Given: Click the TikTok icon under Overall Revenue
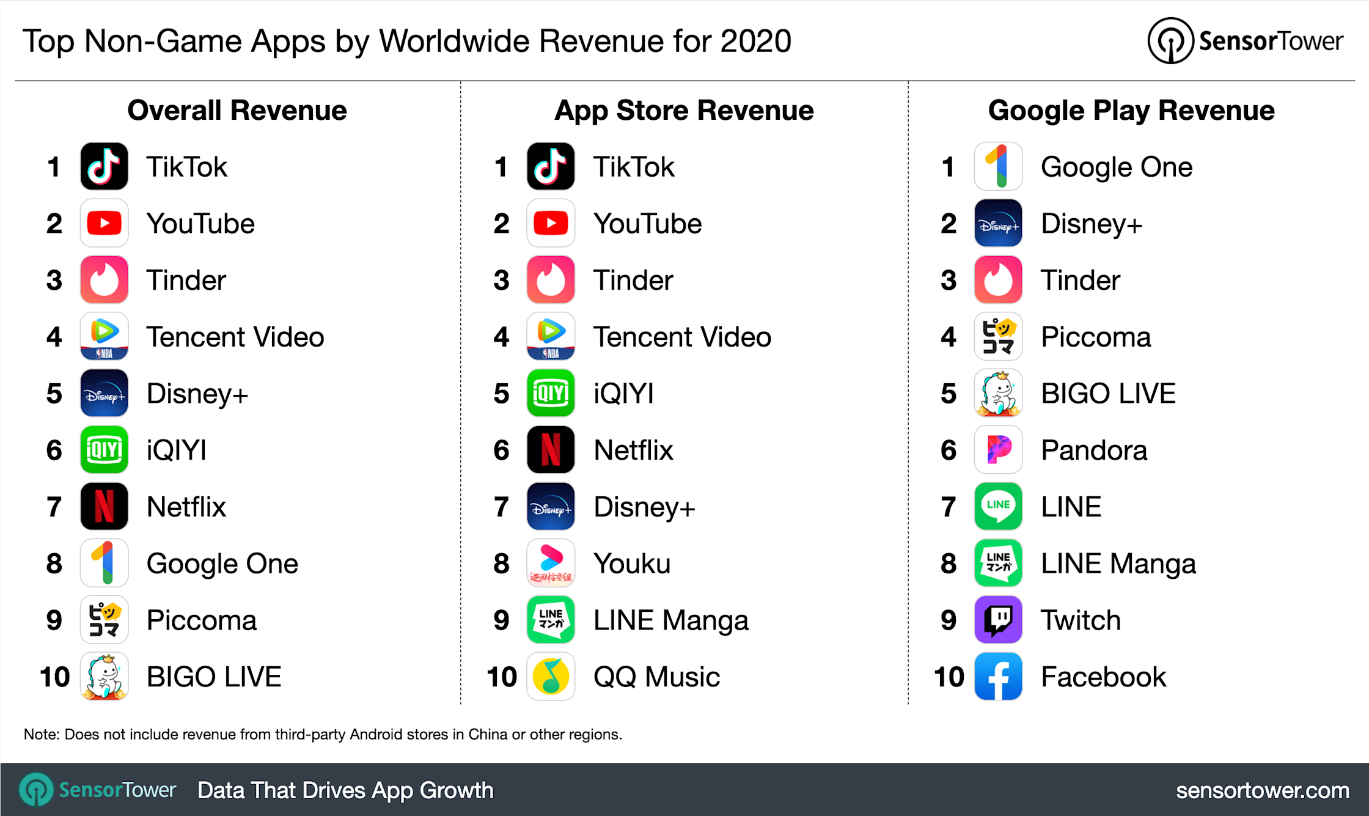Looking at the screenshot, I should [104, 166].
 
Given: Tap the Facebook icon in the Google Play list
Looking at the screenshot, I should [998, 676].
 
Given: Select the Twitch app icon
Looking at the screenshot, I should [998, 620].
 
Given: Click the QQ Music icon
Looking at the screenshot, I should [551, 676].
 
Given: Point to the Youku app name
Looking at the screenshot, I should [632, 564].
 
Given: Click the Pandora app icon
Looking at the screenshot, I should [998, 450].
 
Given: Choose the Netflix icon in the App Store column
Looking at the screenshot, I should [551, 450].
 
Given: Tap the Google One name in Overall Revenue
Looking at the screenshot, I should [222, 564].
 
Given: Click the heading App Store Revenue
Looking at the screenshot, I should [684, 111].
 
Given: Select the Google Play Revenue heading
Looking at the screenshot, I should [1131, 111].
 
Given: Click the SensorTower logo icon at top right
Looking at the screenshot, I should [1170, 41].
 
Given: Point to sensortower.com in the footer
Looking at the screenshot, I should [1262, 790].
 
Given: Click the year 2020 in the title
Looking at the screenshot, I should [755, 42].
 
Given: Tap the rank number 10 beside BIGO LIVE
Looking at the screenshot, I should [54, 677].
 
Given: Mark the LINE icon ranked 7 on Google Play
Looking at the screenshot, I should [998, 506].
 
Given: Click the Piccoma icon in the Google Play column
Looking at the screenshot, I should [998, 336].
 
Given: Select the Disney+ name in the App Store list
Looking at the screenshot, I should [644, 507].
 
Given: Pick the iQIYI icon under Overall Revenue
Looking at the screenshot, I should [104, 450].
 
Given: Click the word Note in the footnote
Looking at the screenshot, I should [40, 734].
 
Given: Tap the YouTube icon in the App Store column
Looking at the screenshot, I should [551, 223].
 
